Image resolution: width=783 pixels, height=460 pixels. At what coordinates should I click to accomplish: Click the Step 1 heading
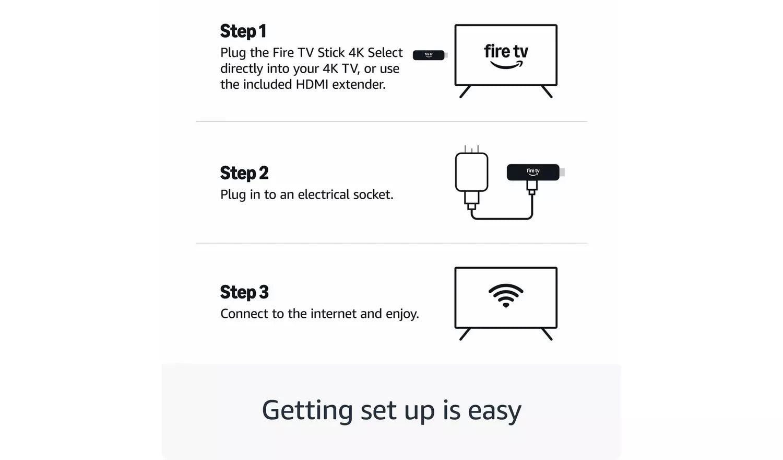[243, 31]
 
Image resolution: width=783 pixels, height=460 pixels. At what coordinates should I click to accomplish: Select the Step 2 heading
[244, 173]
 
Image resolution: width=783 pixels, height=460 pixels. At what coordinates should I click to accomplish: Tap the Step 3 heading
[244, 292]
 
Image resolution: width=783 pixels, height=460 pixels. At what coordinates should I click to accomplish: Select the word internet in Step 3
[334, 314]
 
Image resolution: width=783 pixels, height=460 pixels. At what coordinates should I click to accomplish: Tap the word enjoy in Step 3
[402, 314]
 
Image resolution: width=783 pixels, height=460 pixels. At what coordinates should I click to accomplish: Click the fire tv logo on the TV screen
[506, 55]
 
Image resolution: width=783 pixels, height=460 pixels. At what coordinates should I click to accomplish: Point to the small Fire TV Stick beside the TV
[429, 55]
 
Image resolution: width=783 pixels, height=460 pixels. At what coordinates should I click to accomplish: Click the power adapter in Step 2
[471, 172]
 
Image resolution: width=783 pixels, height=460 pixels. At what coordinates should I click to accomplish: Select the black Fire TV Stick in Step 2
[533, 172]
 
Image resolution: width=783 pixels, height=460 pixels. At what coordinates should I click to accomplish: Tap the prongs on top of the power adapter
[471, 149]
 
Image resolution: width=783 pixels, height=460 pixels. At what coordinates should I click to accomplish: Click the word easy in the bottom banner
[494, 410]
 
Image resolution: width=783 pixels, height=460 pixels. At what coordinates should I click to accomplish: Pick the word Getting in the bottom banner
[307, 410]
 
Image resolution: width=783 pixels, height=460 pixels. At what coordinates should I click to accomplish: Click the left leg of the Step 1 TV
[465, 91]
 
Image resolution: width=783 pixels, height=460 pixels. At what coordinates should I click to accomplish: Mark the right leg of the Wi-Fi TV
[547, 334]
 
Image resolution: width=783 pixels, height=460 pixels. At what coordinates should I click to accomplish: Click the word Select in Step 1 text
[385, 53]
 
